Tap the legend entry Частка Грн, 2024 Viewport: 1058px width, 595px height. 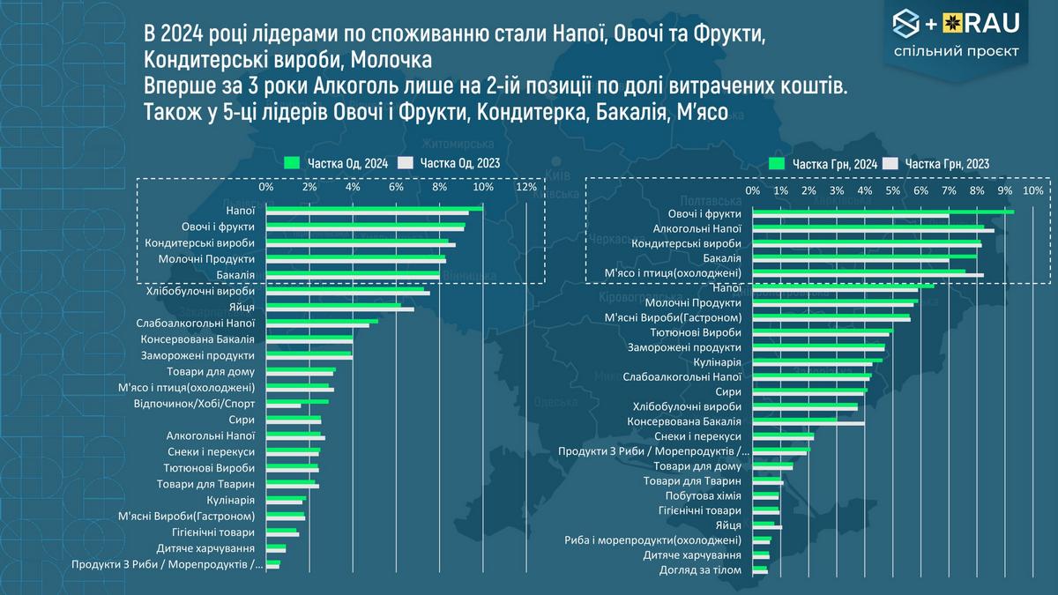point(824,163)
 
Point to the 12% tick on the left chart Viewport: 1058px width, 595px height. point(526,188)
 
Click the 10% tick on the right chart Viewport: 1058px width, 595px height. point(1032,190)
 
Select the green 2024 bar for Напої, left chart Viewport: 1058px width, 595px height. point(375,209)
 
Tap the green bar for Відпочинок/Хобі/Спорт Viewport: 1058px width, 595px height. point(297,401)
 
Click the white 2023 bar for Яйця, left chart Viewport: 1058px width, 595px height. point(339,309)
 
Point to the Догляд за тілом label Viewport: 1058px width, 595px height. point(701,569)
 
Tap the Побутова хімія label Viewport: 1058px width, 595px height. point(704,495)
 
